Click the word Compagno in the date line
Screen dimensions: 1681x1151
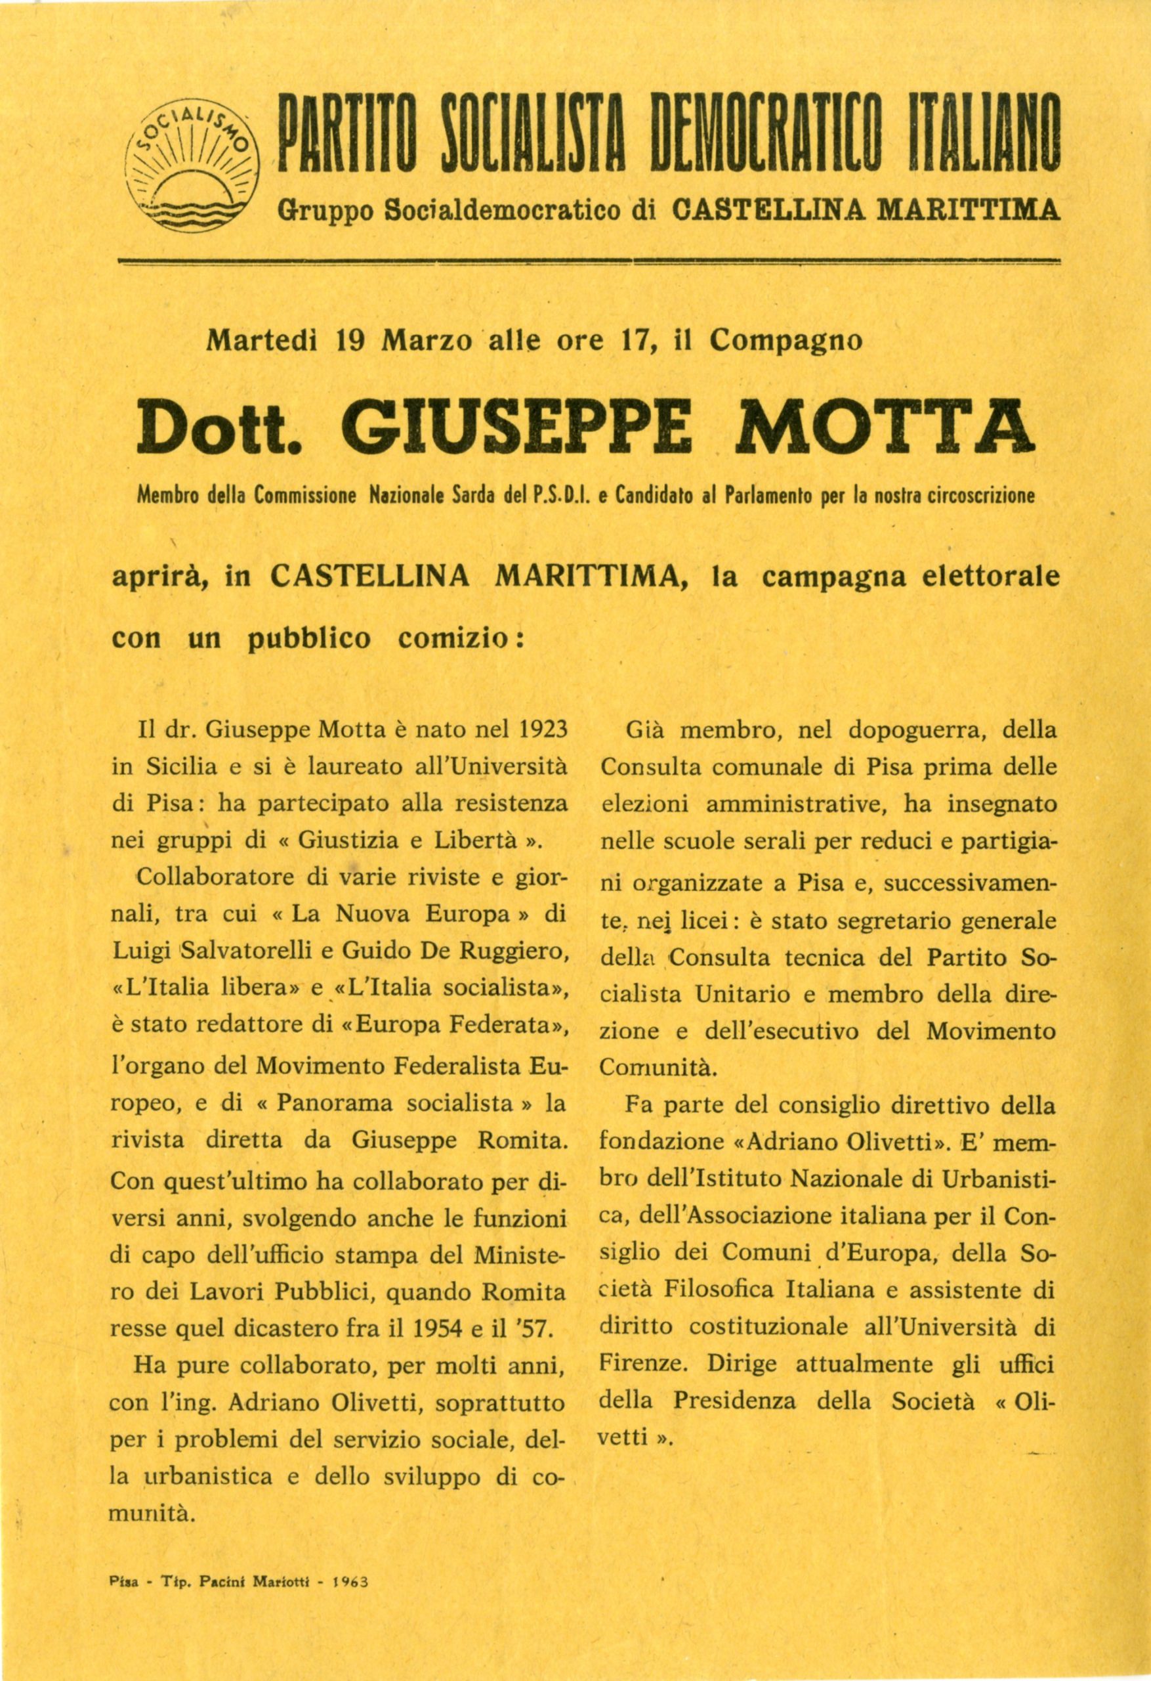(785, 341)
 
